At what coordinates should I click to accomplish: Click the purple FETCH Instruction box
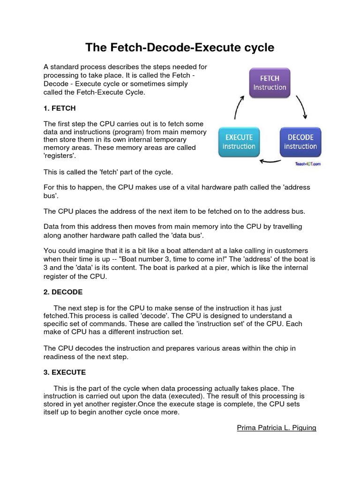[270, 83]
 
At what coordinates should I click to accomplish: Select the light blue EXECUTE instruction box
[239, 142]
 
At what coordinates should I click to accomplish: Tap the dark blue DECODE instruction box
[300, 142]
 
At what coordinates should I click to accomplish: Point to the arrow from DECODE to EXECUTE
[270, 162]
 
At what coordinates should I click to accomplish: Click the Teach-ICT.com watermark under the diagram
[308, 164]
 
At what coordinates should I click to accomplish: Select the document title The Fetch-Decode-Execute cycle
[180, 48]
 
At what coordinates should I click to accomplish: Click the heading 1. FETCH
[60, 108]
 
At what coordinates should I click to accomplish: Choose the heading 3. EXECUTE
[65, 372]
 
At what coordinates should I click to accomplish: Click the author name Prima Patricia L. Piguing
[277, 428]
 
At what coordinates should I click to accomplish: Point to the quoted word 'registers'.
[60, 156]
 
